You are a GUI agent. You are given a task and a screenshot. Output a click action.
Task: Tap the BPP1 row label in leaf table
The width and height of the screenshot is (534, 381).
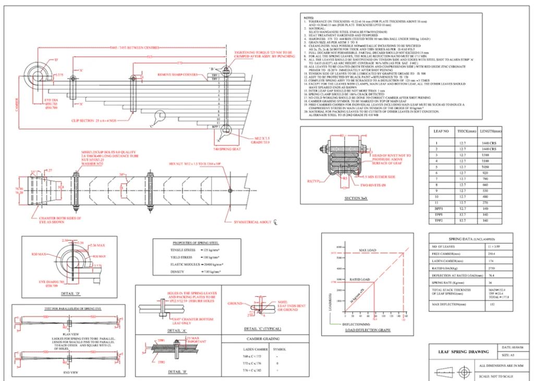pos(438,208)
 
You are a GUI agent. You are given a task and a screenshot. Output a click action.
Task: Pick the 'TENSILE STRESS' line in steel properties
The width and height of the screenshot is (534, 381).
pos(184,249)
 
